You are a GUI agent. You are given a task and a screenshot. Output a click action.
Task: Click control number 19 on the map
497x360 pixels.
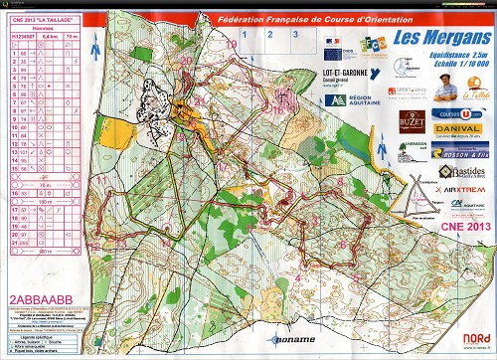click(233, 45)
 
